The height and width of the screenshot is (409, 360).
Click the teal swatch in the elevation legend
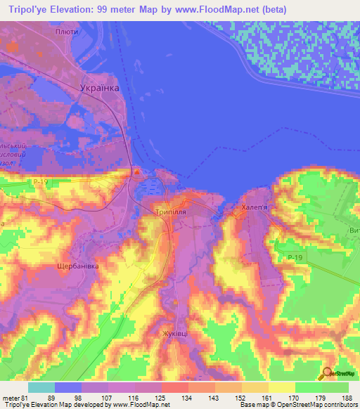41,387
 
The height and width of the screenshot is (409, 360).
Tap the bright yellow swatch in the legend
282,387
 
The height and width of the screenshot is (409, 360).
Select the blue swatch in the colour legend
68,387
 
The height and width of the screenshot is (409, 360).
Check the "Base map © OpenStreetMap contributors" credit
297,405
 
